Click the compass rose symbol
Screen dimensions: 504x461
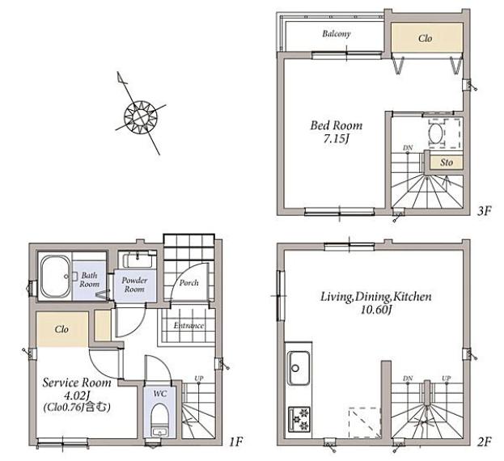tap(141, 116)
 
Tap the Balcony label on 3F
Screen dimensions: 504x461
tap(337, 33)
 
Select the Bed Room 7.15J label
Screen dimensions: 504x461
tap(337, 132)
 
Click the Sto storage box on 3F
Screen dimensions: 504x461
tap(446, 163)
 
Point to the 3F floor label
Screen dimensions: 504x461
tap(485, 211)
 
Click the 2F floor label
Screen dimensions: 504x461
tap(485, 442)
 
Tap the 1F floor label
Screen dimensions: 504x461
tap(235, 442)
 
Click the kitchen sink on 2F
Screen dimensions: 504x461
tap(299, 368)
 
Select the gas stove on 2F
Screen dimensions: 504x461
tap(299, 419)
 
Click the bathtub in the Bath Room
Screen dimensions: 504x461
tap(56, 277)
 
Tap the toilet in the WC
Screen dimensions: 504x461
tap(159, 420)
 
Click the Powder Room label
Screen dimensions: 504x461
tap(134, 285)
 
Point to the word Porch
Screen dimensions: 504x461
tap(189, 283)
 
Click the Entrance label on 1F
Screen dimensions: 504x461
tap(188, 325)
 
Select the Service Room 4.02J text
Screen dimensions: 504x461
tap(77, 389)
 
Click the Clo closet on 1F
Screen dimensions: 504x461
tap(62, 329)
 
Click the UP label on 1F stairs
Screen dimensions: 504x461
tap(199, 379)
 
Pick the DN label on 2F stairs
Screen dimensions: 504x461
tap(408, 379)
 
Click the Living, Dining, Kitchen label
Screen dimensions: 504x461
tap(376, 302)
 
